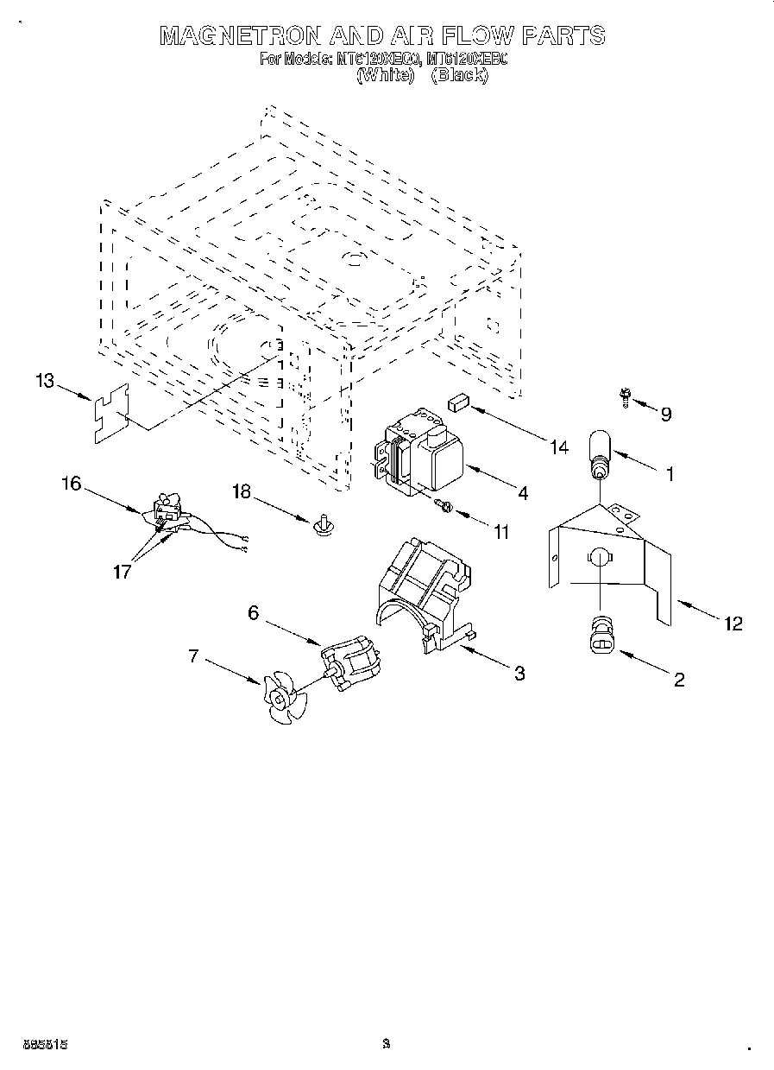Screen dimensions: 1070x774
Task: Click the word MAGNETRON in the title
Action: (x=242, y=35)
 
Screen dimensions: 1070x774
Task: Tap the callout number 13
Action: (x=45, y=380)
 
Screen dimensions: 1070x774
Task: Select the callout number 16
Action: (x=71, y=484)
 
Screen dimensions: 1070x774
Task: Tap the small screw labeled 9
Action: (x=624, y=396)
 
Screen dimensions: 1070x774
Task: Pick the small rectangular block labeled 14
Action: (x=457, y=401)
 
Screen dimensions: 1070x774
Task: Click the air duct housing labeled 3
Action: (x=423, y=596)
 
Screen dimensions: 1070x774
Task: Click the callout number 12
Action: (x=733, y=624)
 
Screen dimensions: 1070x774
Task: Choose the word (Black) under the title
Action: (x=459, y=76)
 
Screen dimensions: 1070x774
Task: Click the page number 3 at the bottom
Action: (x=387, y=1044)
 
